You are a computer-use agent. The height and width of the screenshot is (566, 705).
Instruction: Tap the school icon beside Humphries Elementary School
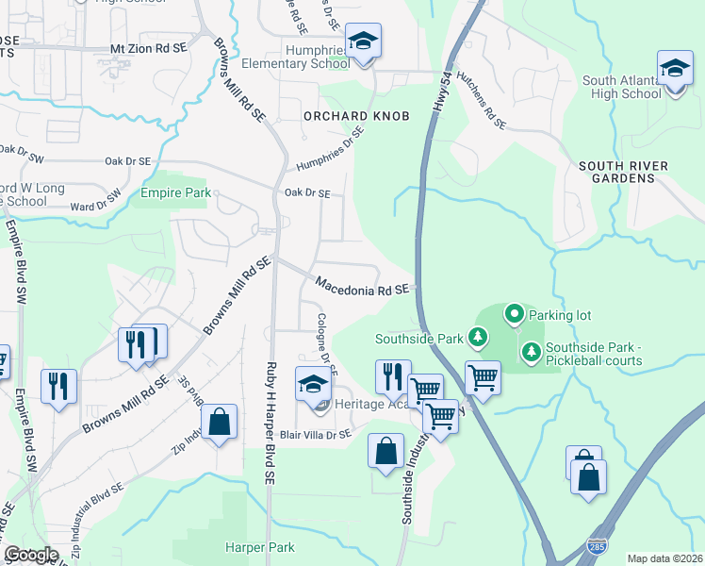pos(363,42)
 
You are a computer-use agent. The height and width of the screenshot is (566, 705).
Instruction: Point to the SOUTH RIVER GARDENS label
pos(623,172)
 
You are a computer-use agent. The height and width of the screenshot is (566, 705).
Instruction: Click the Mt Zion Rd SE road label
pos(149,47)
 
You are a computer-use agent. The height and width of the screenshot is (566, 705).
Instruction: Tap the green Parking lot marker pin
pos(514,313)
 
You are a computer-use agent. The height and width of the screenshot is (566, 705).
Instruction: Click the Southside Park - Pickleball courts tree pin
pos(532,352)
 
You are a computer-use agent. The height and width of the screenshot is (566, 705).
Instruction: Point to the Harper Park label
pos(259,547)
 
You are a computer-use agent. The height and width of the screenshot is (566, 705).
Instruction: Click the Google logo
pos(31,554)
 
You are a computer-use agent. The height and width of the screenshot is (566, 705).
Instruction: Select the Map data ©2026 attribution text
pos(664,558)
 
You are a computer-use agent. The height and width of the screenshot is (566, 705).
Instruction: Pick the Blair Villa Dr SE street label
pos(317,434)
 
